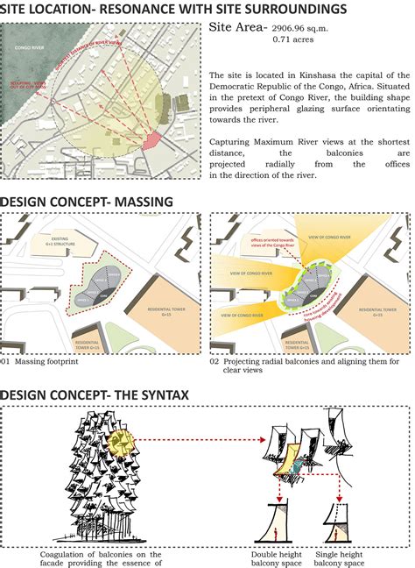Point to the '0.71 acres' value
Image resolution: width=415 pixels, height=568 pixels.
[295, 40]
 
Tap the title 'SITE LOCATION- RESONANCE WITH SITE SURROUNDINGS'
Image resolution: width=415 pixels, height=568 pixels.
[172, 9]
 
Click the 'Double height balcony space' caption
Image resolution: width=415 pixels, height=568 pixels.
[276, 559]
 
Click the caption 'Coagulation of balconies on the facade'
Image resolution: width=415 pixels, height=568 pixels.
[101, 559]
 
